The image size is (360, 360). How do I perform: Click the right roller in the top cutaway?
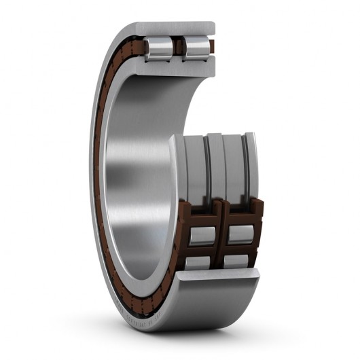pyautogui.click(x=196, y=47)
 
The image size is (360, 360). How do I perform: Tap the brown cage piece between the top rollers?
pyautogui.click(x=179, y=46)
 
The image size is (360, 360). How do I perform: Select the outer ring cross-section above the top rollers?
pyautogui.click(x=177, y=29)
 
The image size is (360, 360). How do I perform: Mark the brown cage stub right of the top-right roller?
pyautogui.click(x=212, y=46)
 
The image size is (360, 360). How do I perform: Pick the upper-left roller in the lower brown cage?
pyautogui.click(x=202, y=235)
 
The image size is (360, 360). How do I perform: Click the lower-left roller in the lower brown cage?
pyautogui.click(x=198, y=261)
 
